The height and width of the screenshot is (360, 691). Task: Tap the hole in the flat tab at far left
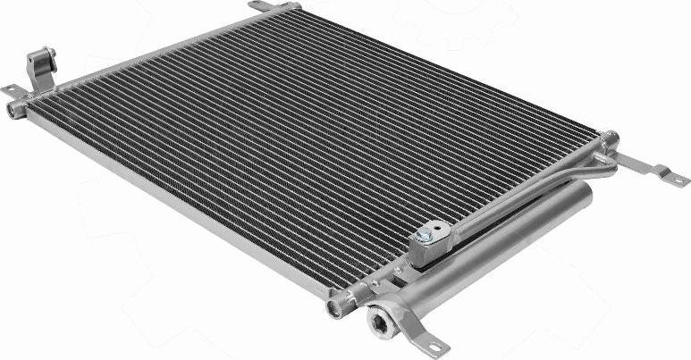[9, 89]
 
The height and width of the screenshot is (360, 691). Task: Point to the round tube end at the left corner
[16, 110]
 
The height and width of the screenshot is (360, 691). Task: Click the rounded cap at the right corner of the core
[610, 138]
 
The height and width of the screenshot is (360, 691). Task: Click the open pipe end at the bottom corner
[337, 309]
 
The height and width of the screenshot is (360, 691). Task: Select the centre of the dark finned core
[304, 143]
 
